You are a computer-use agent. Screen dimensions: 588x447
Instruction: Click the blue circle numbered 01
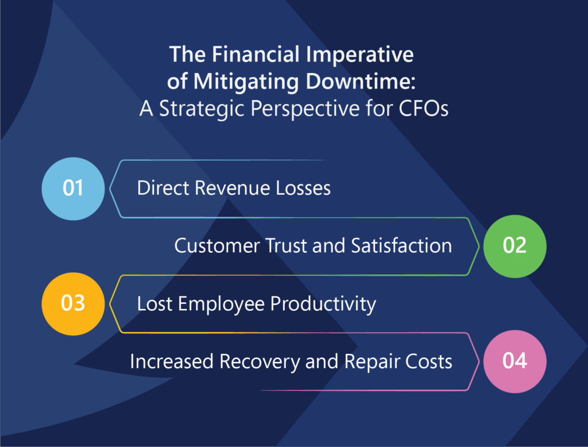pyautogui.click(x=73, y=189)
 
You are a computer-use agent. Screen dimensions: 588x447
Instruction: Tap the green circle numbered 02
pyautogui.click(x=515, y=246)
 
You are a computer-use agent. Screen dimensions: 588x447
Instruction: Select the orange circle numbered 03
pyautogui.click(x=73, y=304)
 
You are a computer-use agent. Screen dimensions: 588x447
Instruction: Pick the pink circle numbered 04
pyautogui.click(x=515, y=361)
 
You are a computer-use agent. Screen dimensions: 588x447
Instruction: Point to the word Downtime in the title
pyautogui.click(x=361, y=81)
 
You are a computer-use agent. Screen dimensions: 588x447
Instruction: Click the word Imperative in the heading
pyautogui.click(x=359, y=55)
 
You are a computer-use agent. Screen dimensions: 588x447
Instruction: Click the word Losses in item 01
pyautogui.click(x=303, y=188)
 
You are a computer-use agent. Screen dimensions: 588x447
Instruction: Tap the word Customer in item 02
pyautogui.click(x=217, y=246)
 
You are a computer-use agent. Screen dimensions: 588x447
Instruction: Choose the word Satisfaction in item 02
pyautogui.click(x=401, y=246)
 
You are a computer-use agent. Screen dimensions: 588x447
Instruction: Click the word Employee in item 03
pyautogui.click(x=221, y=304)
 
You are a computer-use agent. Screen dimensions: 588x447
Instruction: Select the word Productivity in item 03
pyautogui.click(x=323, y=304)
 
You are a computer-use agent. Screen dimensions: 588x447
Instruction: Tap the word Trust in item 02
pyautogui.click(x=287, y=246)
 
